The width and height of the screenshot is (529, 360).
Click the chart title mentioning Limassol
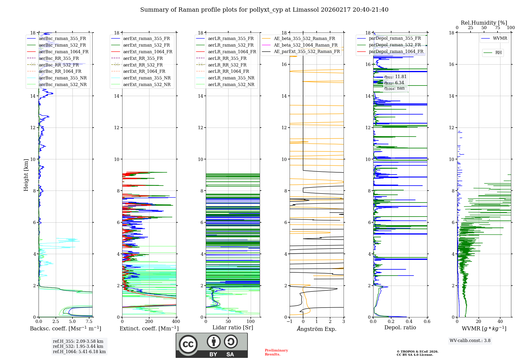(264, 10)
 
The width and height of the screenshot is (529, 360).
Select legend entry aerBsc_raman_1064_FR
(63, 52)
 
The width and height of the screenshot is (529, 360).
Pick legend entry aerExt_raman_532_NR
(147, 85)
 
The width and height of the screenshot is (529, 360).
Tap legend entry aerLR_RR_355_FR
(227, 58)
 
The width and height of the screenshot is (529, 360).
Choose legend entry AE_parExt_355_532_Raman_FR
(307, 52)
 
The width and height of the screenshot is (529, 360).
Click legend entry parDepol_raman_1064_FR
(396, 52)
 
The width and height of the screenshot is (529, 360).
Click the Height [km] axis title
(26, 175)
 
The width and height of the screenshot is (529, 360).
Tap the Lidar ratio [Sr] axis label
(233, 328)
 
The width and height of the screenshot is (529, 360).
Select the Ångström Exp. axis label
(317, 329)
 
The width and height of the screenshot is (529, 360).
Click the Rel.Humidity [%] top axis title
(484, 23)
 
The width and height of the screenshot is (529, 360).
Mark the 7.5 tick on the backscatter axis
(89, 322)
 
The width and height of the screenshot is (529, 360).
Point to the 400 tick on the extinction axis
(176, 322)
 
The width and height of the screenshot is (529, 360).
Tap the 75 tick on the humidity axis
(498, 28)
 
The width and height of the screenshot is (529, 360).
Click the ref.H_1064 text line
(79, 352)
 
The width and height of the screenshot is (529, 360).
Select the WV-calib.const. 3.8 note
(470, 341)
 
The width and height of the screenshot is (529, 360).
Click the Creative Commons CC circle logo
(188, 344)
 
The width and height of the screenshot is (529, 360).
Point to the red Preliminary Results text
(276, 352)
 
